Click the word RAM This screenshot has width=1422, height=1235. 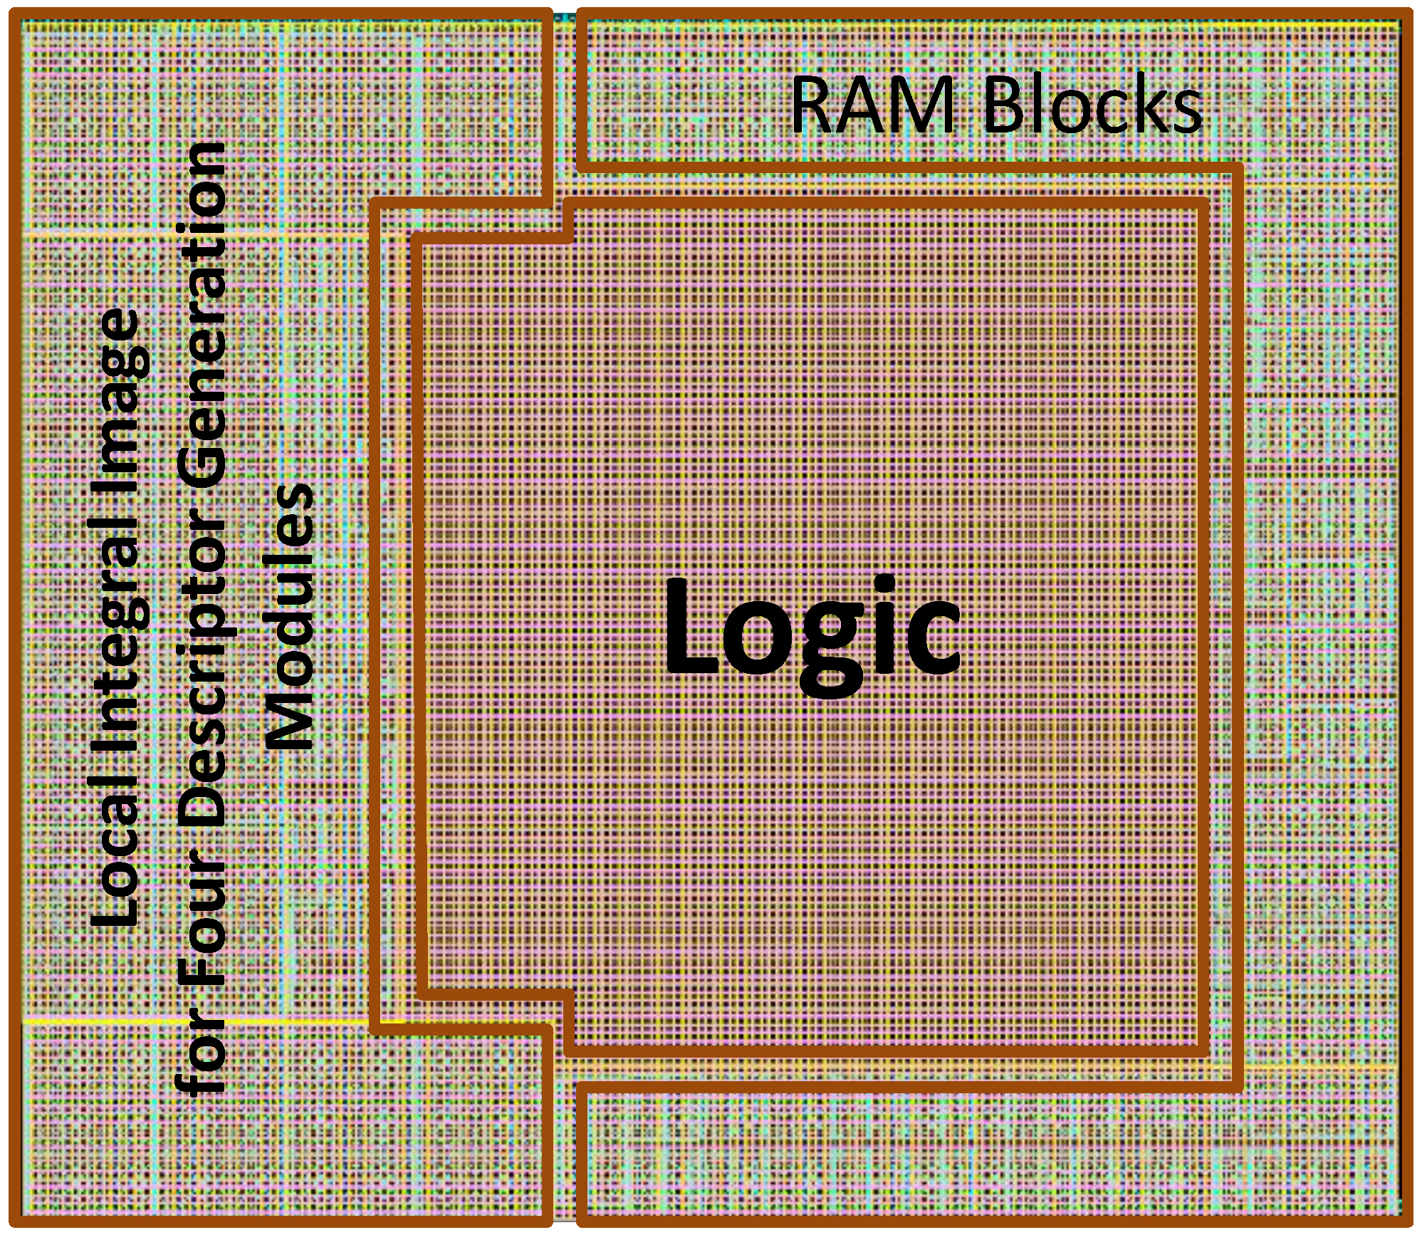[872, 105]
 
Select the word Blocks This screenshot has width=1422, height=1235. [1092, 105]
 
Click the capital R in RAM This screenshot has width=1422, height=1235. [812, 105]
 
